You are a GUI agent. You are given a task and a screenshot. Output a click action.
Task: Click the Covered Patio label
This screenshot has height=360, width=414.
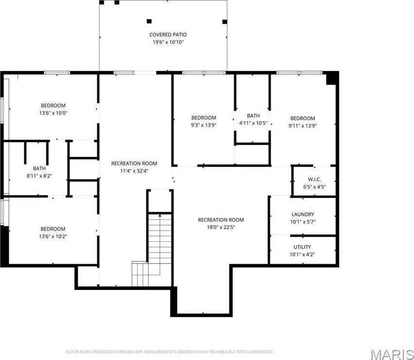pyautogui.click(x=168, y=35)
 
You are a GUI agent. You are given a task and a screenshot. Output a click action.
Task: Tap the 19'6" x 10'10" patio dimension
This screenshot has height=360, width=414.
pyautogui.click(x=168, y=42)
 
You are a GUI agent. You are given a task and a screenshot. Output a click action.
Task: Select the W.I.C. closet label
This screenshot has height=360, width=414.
pyautogui.click(x=314, y=179)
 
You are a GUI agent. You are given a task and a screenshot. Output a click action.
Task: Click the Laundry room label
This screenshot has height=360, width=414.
pyautogui.click(x=302, y=214)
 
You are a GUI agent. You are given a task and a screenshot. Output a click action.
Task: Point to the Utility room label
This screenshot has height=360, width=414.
pyautogui.click(x=302, y=247)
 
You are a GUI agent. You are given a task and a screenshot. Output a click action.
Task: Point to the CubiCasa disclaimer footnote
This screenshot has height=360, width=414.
pyautogui.click(x=169, y=351)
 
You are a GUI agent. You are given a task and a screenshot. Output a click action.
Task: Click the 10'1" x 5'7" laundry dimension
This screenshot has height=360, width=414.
pyautogui.click(x=302, y=222)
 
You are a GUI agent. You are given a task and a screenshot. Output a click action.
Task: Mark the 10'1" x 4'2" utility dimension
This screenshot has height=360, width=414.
pyautogui.click(x=302, y=254)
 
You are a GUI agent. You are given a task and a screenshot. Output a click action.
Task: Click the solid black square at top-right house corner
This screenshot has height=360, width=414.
pyautogui.click(x=332, y=78)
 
